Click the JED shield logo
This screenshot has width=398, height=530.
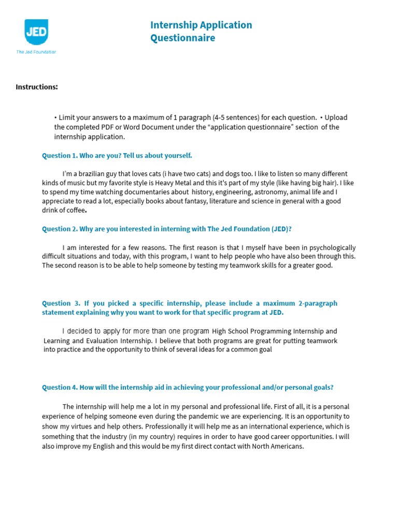[x=36, y=32]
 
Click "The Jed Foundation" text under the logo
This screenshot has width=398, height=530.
[x=36, y=52]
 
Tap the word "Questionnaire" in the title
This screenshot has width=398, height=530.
[x=182, y=38]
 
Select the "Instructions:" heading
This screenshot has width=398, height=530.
[x=36, y=86]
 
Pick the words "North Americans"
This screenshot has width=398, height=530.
[x=277, y=446]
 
